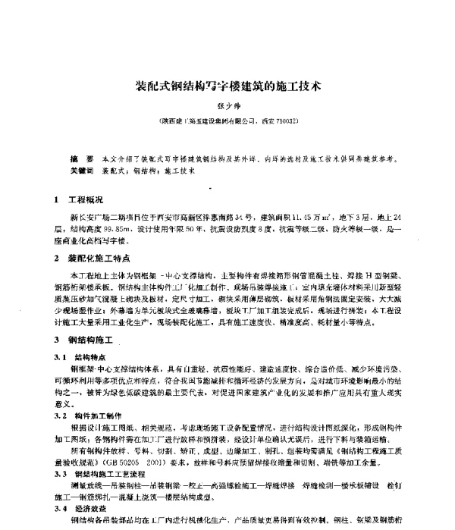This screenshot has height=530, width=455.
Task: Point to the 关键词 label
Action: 80,172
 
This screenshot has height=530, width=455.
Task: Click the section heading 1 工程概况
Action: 83,199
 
